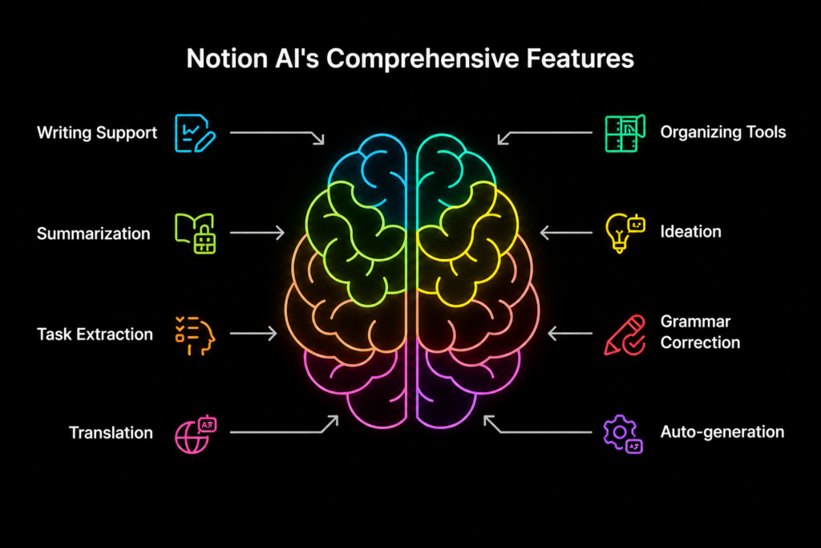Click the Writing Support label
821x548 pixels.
97,133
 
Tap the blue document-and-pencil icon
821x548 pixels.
195,134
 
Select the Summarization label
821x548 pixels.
94,233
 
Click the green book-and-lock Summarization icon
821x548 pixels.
196,233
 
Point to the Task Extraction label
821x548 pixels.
95,335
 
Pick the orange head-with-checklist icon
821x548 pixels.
196,335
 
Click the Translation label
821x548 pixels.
111,432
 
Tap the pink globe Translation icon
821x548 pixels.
196,435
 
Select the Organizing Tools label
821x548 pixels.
723,132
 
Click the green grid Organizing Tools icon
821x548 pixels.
625,134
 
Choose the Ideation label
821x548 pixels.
690,232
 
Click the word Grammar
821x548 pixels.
695,321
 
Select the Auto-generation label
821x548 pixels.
722,432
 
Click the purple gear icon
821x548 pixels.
620,432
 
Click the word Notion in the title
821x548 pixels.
227,58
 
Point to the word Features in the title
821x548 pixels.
580,58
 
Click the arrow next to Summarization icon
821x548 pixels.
257,232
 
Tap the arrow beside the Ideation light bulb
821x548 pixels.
566,232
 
